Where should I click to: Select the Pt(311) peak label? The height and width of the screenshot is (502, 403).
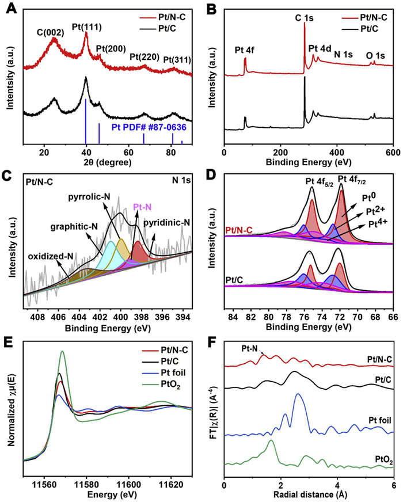(177, 59)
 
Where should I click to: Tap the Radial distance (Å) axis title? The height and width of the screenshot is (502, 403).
(308, 493)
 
